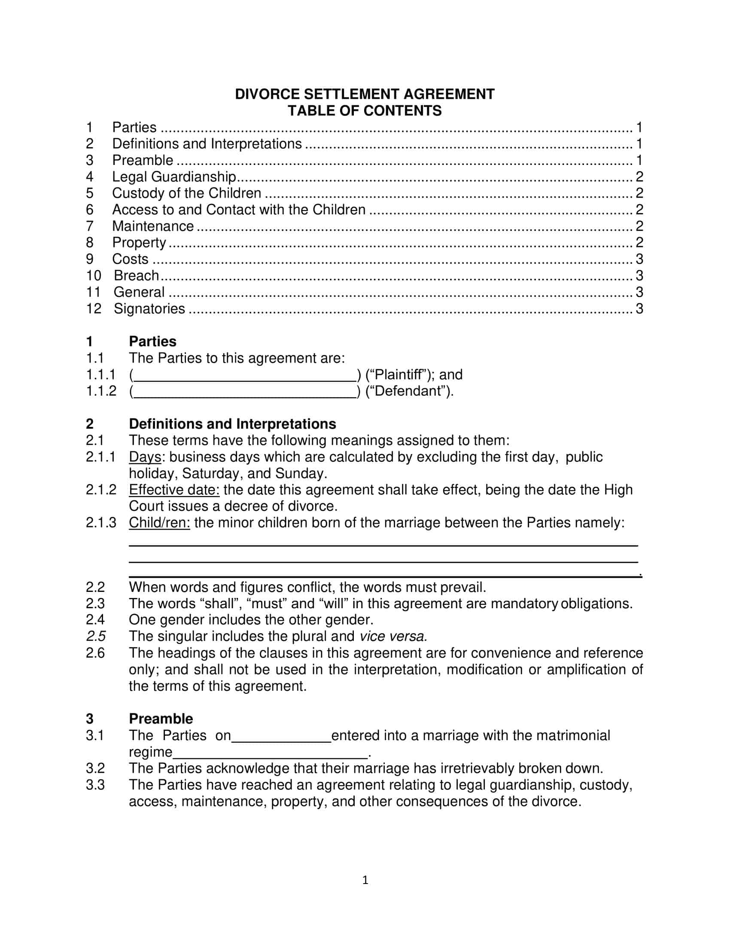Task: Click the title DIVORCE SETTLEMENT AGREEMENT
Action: pyautogui.click(x=365, y=94)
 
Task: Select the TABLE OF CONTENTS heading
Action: pyautogui.click(x=365, y=111)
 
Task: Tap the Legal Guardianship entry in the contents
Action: pyautogui.click(x=174, y=177)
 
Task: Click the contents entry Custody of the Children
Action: pyautogui.click(x=186, y=193)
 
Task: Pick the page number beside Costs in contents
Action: pyautogui.click(x=639, y=259)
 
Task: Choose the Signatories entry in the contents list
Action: pyautogui.click(x=149, y=309)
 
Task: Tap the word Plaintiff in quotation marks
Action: pyautogui.click(x=397, y=375)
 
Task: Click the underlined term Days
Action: pyautogui.click(x=145, y=457)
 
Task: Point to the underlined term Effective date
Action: pyautogui.click(x=174, y=490)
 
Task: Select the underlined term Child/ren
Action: pyautogui.click(x=159, y=523)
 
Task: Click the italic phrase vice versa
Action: pyautogui.click(x=393, y=637)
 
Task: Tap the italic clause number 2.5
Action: pyautogui.click(x=96, y=637)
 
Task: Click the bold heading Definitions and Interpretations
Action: pyautogui.click(x=232, y=424)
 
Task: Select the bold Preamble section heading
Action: pyautogui.click(x=161, y=719)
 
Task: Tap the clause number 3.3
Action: pyautogui.click(x=95, y=785)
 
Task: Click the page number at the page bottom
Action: pyautogui.click(x=365, y=880)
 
